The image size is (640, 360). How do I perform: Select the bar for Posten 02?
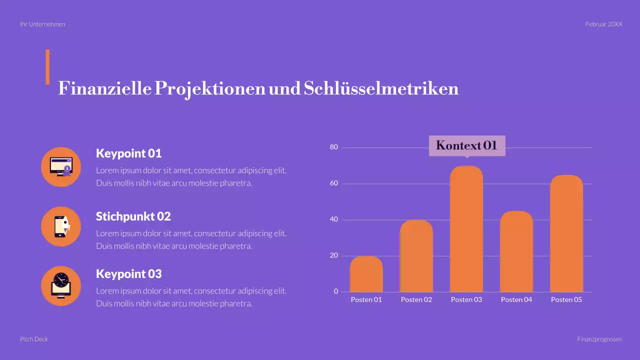click(x=416, y=256)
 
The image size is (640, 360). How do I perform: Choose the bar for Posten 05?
click(x=566, y=233)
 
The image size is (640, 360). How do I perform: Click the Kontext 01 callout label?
click(x=467, y=145)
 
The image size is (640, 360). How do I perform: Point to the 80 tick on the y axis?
click(x=334, y=147)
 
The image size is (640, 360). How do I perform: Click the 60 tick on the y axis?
click(x=334, y=183)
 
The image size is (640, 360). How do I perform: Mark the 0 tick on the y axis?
click(x=336, y=291)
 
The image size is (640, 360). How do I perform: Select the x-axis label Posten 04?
click(x=516, y=299)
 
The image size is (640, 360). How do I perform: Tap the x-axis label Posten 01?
click(x=366, y=299)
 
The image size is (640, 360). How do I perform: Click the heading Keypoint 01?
click(x=128, y=153)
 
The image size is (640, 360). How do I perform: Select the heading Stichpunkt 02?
click(x=133, y=216)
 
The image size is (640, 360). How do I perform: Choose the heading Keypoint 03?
click(x=128, y=274)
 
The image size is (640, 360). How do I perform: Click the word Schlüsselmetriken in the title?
click(x=380, y=88)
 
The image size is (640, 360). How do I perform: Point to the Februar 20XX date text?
click(x=603, y=24)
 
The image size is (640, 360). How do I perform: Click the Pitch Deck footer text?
click(x=34, y=339)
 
